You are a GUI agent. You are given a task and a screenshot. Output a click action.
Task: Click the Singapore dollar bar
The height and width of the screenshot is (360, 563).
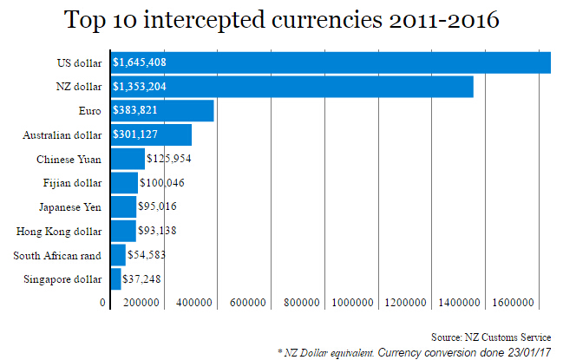pyautogui.click(x=116, y=278)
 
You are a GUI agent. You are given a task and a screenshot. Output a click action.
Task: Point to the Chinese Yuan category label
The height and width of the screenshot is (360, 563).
pyautogui.click(x=69, y=160)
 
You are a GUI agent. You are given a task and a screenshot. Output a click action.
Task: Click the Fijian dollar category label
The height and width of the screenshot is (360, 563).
pyautogui.click(x=71, y=183)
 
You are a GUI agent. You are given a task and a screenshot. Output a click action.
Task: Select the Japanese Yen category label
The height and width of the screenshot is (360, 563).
pyautogui.click(x=70, y=207)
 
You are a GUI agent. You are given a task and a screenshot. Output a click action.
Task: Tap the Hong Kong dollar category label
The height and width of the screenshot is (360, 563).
pyautogui.click(x=59, y=232)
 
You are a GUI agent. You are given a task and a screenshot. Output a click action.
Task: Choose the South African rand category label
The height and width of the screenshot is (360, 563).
pyautogui.click(x=57, y=255)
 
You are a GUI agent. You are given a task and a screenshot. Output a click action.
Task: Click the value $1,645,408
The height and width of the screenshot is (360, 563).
pyautogui.click(x=140, y=63)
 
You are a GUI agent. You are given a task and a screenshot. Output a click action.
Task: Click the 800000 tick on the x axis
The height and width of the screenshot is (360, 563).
pyautogui.click(x=302, y=302)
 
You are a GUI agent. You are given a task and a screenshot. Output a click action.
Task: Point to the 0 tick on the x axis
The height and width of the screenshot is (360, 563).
pyautogui.click(x=103, y=302)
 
